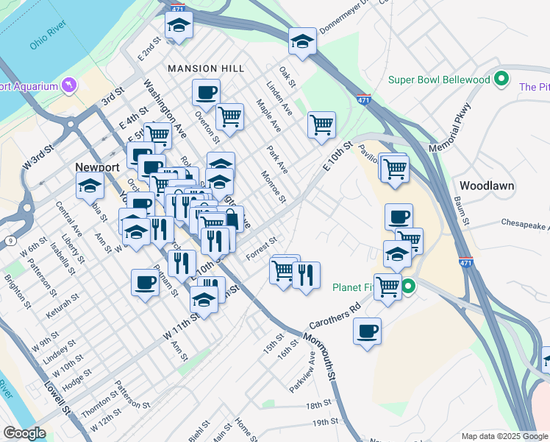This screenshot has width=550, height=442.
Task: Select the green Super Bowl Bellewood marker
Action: pos(502,79)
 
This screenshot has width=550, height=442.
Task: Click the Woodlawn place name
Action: pos(487,185)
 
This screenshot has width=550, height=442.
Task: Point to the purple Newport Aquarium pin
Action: pos(70,85)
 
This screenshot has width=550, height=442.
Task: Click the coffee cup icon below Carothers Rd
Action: pos(367,331)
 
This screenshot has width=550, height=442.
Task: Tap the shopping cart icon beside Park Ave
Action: pos(321,124)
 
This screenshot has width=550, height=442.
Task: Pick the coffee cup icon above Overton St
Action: pos(206,92)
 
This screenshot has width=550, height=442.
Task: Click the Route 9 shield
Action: pos(10,241)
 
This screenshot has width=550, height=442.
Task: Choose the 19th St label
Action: pos(324,422)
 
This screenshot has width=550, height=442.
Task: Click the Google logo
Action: pos(24,433)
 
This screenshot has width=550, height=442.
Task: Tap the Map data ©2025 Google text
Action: pos(503,436)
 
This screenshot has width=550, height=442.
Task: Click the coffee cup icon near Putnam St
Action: pos(145,282)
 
